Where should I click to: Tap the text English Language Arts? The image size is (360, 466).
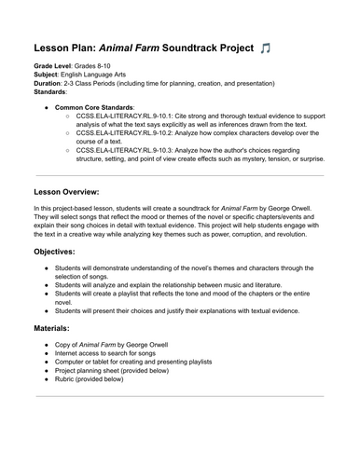(101, 78)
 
